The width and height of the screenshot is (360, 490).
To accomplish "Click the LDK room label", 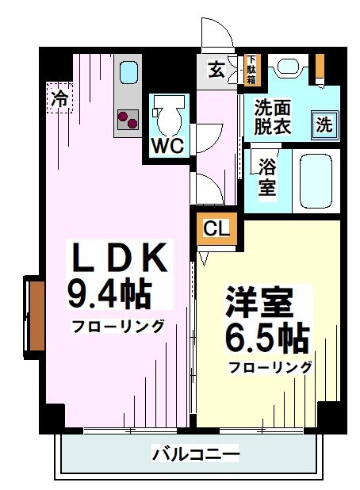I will (x=119, y=259).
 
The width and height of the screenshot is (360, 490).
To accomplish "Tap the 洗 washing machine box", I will (x=324, y=124).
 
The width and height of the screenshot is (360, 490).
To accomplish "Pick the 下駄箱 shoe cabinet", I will (x=251, y=70).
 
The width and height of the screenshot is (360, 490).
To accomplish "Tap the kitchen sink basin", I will (x=128, y=73).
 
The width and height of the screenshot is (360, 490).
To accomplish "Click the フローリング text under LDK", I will (x=118, y=326).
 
